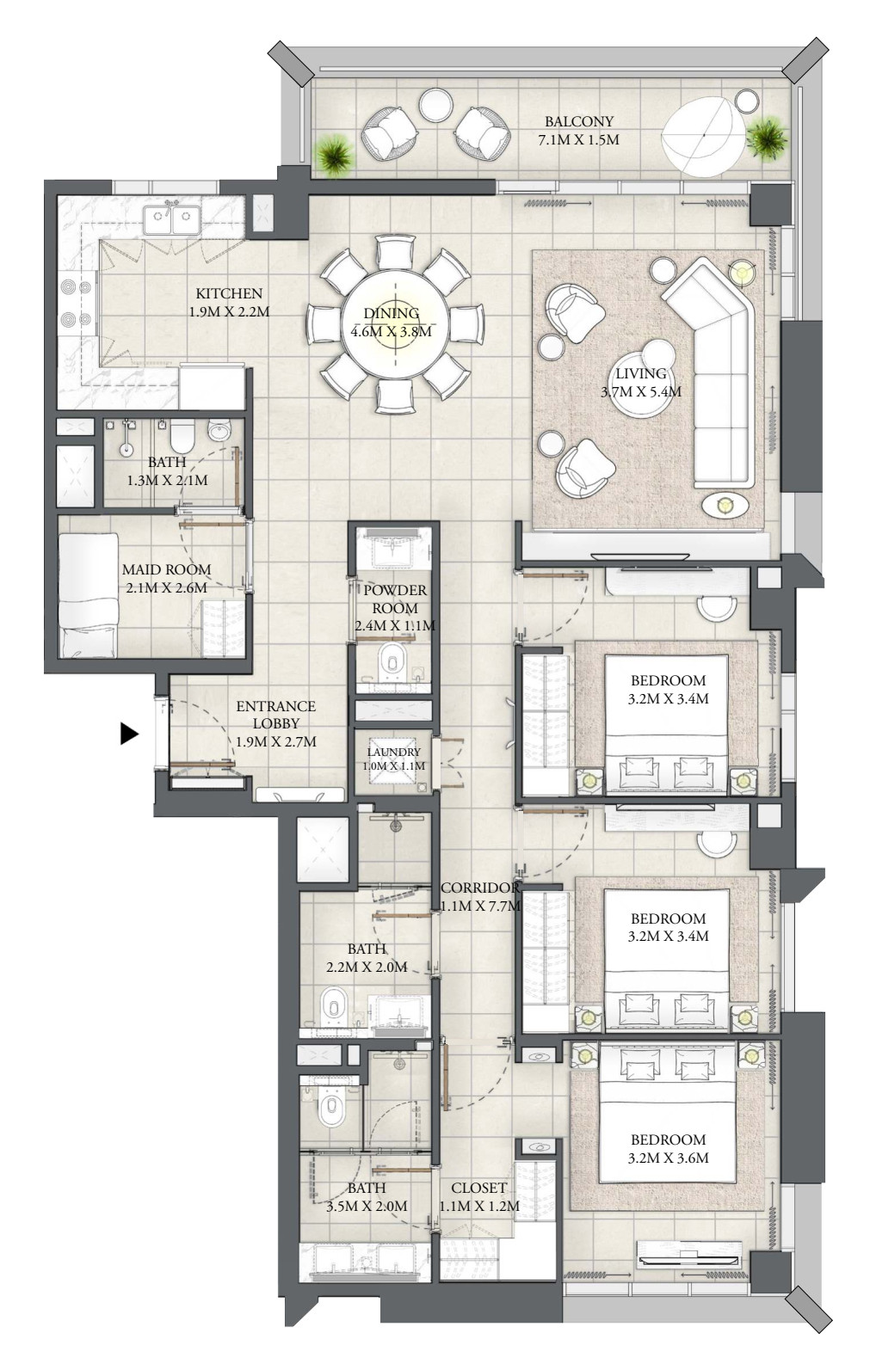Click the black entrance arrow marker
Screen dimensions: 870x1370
point(128,734)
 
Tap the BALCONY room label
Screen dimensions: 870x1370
point(579,121)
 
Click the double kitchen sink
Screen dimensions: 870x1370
point(172,219)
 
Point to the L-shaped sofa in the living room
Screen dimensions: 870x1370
point(713,370)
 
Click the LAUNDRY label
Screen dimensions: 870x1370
point(393,753)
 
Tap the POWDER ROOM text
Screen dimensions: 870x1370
point(395,599)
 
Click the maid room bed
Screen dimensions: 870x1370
point(89,595)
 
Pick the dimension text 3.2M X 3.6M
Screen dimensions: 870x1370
point(668,1158)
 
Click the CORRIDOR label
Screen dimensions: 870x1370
point(480,888)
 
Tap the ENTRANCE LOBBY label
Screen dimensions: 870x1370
point(276,715)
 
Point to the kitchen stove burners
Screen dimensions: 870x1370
point(76,303)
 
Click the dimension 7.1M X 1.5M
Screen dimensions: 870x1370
point(579,140)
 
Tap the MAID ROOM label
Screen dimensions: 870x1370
point(166,569)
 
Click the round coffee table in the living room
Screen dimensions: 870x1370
point(641,383)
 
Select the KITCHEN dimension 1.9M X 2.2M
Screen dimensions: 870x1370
point(230,311)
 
